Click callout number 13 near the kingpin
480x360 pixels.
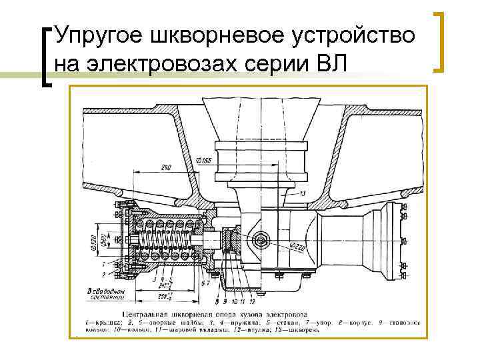pos(303,193)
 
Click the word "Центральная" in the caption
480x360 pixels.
pos(155,313)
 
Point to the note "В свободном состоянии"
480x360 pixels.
pos(98,295)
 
